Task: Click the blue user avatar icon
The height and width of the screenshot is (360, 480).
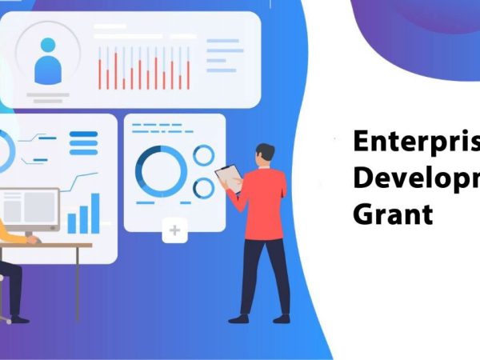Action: [47, 60]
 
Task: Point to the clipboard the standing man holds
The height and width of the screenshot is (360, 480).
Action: [228, 175]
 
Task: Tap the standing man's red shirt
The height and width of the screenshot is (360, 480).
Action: [264, 204]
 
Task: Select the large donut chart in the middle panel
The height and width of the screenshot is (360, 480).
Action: [161, 169]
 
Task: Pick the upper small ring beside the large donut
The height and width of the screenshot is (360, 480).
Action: [204, 154]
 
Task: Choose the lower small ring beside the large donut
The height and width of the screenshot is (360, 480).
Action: [204, 187]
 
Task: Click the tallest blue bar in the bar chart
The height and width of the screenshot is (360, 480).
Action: [95, 213]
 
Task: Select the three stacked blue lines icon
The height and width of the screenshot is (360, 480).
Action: [83, 142]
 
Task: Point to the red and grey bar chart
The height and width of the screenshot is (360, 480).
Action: [144, 68]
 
